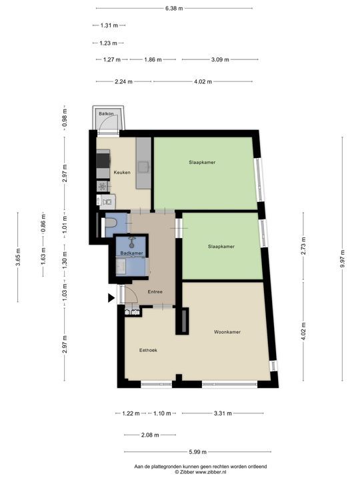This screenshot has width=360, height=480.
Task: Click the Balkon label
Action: pos(105,115)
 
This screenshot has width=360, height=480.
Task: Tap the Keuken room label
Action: pos(121,173)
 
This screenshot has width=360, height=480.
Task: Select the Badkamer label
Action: pos(131,253)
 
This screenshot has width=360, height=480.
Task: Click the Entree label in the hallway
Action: pos(155,291)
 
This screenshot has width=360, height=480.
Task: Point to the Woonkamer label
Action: pos(227,332)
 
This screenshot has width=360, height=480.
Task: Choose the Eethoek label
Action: pos(147,349)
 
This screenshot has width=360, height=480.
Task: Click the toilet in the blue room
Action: pos(112,223)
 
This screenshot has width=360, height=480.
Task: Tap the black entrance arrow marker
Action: pos(111,299)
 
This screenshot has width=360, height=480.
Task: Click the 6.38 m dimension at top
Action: pos(174,8)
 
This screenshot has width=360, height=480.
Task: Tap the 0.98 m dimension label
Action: pos(65,117)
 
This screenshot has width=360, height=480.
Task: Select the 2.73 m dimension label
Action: pos(303,245)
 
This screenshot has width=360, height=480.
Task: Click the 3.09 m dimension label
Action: pos(219,59)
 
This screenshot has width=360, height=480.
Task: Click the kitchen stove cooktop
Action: pos(103,161)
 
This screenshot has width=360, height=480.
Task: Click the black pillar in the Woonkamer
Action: pos(180,321)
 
